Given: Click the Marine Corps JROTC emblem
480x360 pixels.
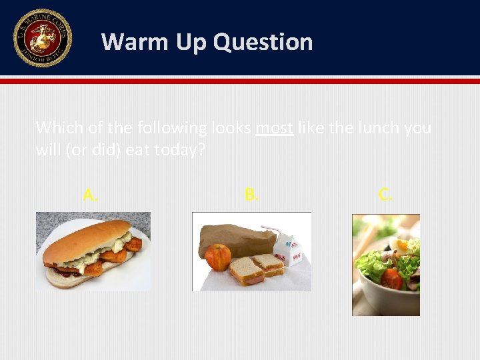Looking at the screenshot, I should [41, 38].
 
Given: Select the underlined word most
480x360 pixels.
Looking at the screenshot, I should [274, 127].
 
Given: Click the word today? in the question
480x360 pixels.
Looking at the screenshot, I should [179, 149].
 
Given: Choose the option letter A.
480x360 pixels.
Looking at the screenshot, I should [91, 195].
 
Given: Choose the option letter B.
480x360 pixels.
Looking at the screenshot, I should [251, 195].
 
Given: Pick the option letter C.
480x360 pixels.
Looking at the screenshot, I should [386, 195].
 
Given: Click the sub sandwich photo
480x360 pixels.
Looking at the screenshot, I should [93, 251].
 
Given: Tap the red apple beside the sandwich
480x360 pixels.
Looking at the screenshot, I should [218, 257].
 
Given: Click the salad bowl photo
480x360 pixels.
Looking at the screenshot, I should [385, 265].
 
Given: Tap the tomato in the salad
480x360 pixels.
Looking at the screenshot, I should [391, 279].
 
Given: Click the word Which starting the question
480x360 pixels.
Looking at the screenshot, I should [55, 127].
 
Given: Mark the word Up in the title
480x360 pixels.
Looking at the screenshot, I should [191, 43].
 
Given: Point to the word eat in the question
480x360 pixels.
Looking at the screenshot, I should [137, 149].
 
